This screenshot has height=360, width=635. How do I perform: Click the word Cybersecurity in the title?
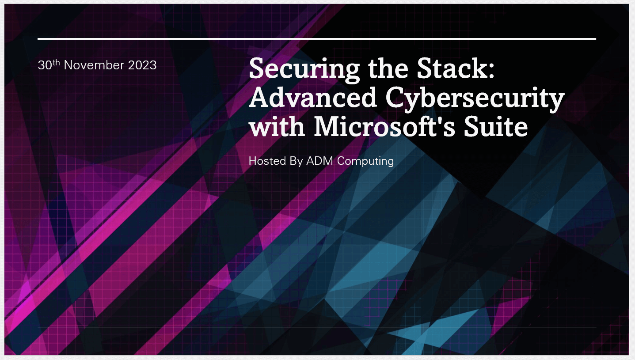(x=475, y=99)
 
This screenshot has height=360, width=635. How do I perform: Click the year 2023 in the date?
(x=142, y=65)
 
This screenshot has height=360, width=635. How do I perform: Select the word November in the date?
(x=94, y=65)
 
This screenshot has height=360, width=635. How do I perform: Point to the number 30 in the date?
(x=45, y=65)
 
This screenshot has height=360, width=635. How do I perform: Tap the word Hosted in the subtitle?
(x=267, y=161)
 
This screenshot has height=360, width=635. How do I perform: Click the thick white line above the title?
(x=317, y=39)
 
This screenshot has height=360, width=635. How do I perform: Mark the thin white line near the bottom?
(x=317, y=327)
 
